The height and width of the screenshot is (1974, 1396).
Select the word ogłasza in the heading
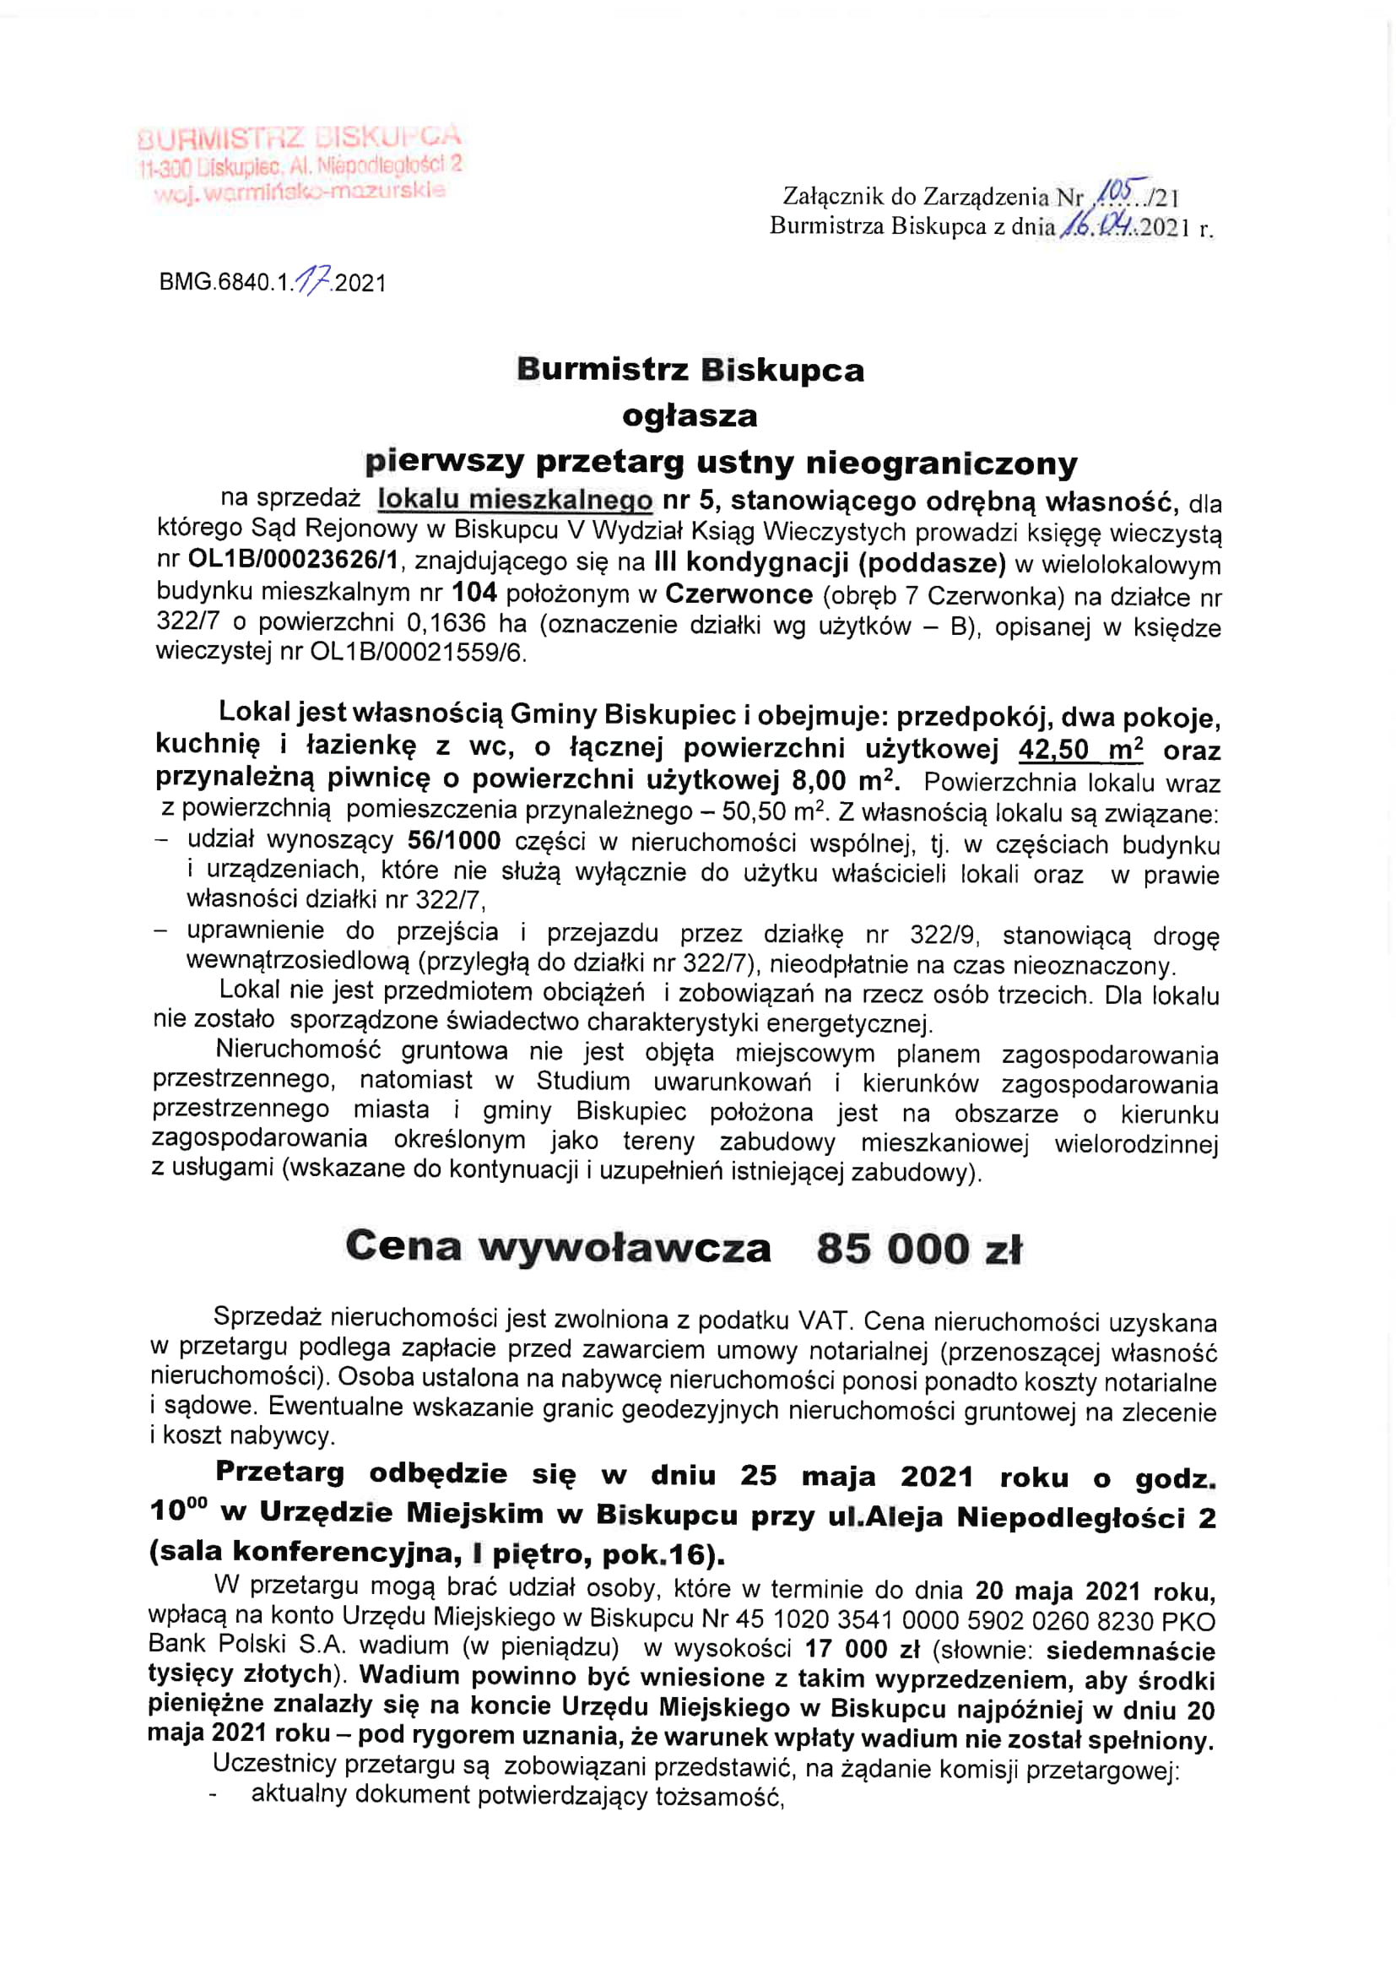[690, 416]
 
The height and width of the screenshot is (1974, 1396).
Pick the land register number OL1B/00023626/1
[295, 561]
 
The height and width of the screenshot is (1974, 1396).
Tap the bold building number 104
[474, 594]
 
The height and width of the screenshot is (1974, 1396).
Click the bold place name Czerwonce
[739, 594]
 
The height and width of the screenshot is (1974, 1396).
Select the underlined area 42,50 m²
[1080, 749]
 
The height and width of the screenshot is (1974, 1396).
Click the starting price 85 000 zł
[919, 1250]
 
